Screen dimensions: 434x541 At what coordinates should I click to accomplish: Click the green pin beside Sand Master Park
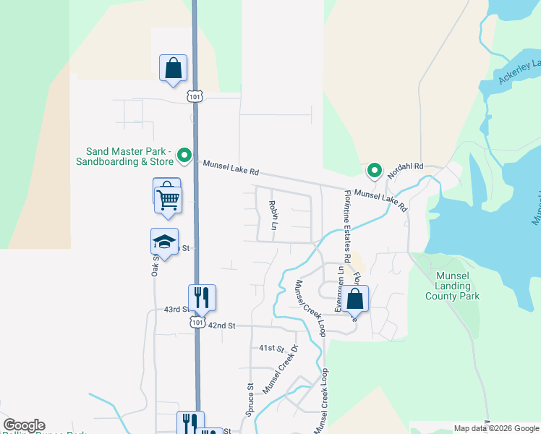(x=184, y=154)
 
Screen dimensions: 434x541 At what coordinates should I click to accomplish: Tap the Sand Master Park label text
(x=128, y=156)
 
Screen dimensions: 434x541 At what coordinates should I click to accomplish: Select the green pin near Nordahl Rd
(x=374, y=170)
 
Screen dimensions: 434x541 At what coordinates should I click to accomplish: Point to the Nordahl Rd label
(x=404, y=171)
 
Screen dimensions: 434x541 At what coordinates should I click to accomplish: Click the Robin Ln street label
(x=273, y=216)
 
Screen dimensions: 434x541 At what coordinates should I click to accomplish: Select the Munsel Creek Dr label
(x=281, y=370)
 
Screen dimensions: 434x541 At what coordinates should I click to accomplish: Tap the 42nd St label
(x=222, y=325)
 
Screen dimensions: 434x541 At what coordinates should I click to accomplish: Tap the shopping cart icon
(x=169, y=198)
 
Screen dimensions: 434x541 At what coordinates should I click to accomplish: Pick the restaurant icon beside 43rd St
(x=202, y=297)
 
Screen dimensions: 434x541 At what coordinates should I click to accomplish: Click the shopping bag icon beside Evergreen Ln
(x=354, y=298)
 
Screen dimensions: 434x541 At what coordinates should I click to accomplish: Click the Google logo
(x=24, y=425)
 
